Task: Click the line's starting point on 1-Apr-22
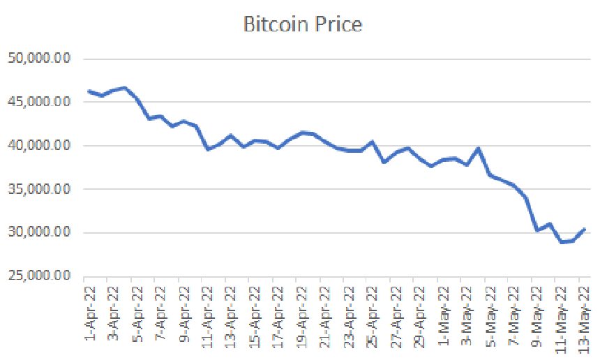point(89,91)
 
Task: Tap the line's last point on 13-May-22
point(584,229)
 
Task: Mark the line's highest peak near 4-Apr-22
point(124,88)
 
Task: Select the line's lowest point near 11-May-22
point(561,242)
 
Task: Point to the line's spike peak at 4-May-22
point(479,149)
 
